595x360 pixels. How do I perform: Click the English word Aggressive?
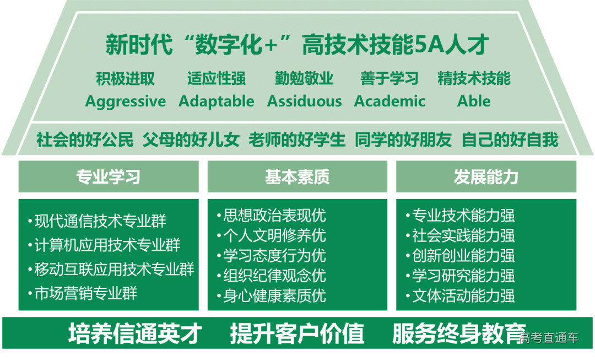coord(125,101)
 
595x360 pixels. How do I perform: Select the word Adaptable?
coord(217,101)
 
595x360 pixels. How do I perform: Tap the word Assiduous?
coord(304,101)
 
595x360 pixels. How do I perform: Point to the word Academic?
coord(390,101)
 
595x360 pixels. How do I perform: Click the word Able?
coord(474,101)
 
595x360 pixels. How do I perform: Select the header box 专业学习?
coord(109,177)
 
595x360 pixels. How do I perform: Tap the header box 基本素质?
coord(297,177)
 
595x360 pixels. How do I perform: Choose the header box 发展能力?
coord(486,177)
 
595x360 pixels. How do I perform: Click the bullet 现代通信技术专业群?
coord(100,222)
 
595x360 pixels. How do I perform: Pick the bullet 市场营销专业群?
coord(85,293)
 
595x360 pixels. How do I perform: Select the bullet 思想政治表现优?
coord(274,215)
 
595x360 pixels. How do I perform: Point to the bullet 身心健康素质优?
coord(274,295)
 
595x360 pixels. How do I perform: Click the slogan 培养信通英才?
coord(135,334)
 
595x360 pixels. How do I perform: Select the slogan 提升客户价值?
coord(297,334)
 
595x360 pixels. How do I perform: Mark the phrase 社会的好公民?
coord(85,140)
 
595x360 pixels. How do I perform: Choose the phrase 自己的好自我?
coord(510,140)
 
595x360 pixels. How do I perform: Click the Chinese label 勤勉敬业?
coord(304,79)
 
